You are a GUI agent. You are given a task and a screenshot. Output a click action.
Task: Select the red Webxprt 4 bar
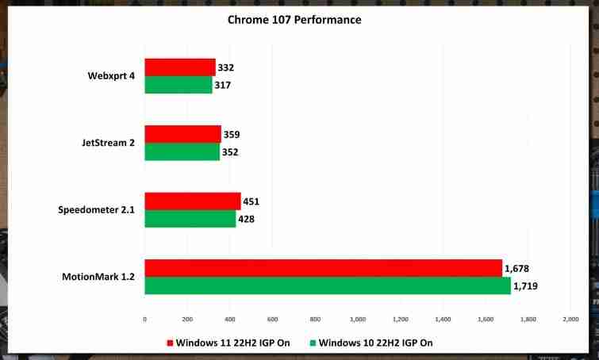click(180, 67)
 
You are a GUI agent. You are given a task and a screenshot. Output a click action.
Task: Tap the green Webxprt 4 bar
click(179, 85)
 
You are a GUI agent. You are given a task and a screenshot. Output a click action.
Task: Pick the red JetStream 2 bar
click(182, 134)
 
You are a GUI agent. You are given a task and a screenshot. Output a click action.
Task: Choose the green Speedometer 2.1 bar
click(190, 219)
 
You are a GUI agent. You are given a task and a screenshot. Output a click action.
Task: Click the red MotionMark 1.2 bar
click(323, 268)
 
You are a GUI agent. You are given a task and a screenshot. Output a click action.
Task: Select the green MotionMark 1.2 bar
click(327, 285)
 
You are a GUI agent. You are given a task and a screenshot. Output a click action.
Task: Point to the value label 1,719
click(525, 286)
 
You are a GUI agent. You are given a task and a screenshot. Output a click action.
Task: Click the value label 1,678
click(520, 269)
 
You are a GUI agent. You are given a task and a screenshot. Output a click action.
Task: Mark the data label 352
click(231, 152)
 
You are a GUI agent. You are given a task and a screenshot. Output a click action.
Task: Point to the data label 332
click(226, 67)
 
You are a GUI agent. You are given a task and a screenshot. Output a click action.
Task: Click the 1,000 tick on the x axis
click(357, 319)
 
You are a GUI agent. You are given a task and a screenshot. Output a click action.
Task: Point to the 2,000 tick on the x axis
click(570, 319)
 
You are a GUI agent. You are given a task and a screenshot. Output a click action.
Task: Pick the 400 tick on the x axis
click(229, 319)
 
